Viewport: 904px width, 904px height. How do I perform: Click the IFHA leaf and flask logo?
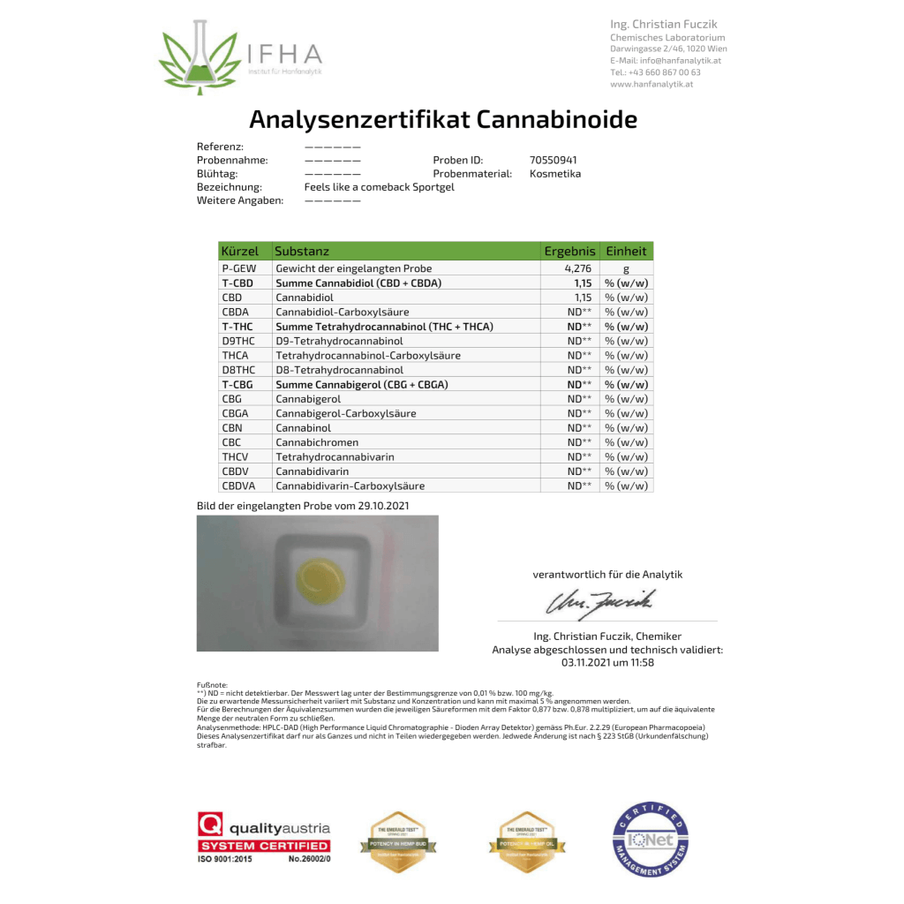(199, 57)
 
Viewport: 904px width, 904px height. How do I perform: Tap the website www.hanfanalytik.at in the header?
(651, 84)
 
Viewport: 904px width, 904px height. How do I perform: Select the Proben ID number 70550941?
(554, 160)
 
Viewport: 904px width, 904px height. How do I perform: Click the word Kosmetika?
(555, 174)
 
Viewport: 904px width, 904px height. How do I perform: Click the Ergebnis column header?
(569, 252)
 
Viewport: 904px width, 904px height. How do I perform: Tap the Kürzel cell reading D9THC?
(238, 341)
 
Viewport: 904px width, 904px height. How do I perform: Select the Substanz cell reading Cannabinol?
(303, 427)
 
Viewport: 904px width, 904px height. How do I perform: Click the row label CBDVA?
(239, 486)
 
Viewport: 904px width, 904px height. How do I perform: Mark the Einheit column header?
(626, 252)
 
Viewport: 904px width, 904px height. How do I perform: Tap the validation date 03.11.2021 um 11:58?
(607, 662)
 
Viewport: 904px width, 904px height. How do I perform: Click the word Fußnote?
(213, 685)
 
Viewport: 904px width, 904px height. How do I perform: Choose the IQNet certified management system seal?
(650, 840)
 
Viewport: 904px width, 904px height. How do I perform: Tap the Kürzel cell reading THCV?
(237, 456)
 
